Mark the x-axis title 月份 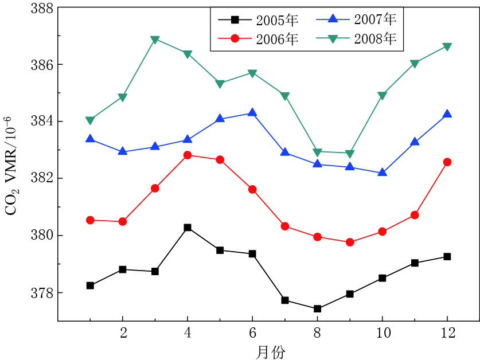click(270, 351)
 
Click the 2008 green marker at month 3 click(155, 40)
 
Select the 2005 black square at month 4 click(188, 228)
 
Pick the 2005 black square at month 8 click(318, 308)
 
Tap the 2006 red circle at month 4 click(188, 155)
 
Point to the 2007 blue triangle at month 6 click(252, 113)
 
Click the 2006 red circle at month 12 click(447, 162)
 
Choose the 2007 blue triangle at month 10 click(383, 173)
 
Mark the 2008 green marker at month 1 click(90, 120)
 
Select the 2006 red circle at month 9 click(350, 242)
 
